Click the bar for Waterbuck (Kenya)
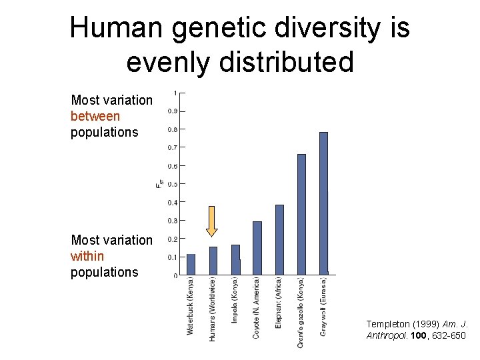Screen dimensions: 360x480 click(191, 264)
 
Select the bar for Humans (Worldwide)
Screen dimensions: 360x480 click(213, 261)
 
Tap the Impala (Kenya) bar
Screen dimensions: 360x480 click(235, 259)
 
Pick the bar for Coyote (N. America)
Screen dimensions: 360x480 click(257, 248)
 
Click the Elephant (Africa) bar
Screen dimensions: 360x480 click(279, 239)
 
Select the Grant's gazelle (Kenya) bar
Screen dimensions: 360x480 click(301, 214)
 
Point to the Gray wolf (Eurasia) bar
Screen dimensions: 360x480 click(323, 203)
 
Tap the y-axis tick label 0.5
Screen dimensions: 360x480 click(172, 184)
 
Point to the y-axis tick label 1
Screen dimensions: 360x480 click(175, 93)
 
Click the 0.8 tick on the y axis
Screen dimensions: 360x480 click(172, 129)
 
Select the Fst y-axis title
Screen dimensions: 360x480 click(159, 184)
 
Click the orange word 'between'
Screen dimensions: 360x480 click(95, 116)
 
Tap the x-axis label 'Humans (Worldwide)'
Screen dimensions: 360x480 click(213, 309)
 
